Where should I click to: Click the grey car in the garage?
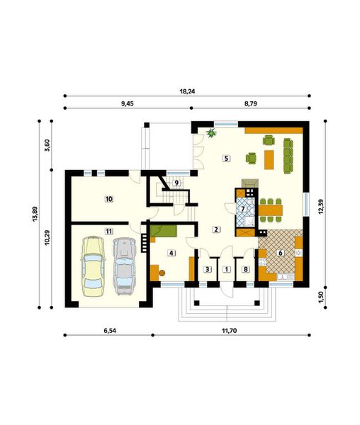(124, 266)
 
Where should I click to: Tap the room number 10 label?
(108, 199)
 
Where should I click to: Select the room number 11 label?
(108, 231)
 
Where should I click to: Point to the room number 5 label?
(225, 158)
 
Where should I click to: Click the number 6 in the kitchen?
(281, 252)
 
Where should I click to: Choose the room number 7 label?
(242, 209)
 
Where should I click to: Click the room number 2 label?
(216, 229)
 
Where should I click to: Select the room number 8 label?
(246, 269)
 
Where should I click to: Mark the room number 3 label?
(208, 269)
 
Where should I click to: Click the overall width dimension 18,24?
(187, 91)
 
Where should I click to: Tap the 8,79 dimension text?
(250, 103)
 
